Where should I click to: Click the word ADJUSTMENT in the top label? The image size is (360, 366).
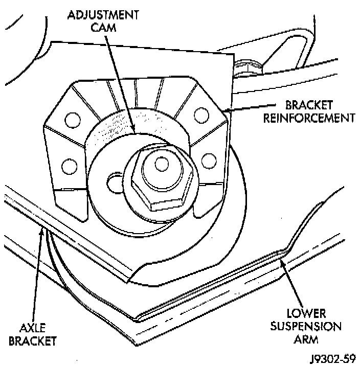click(103, 14)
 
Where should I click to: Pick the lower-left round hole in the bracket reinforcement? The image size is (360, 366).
click(66, 166)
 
